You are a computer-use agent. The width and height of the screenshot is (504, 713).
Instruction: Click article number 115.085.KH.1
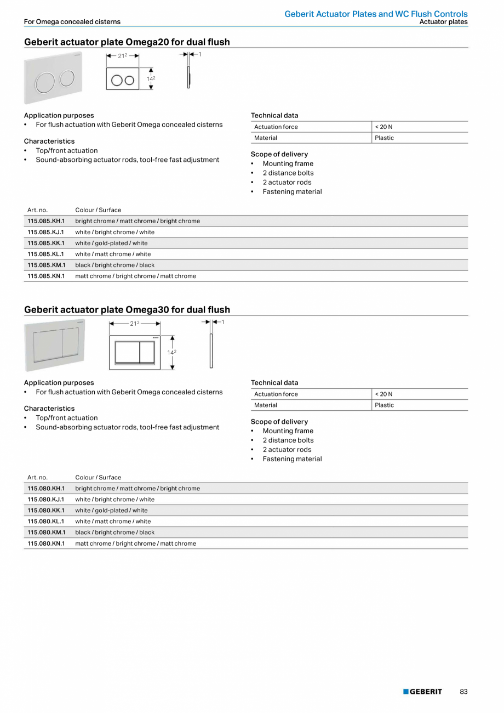tap(46, 221)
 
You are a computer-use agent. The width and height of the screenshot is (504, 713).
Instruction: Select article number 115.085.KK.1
tap(46, 243)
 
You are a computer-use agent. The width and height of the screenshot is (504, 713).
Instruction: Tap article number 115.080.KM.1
tap(47, 532)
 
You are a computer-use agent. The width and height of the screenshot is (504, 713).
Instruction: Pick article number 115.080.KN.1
tap(46, 544)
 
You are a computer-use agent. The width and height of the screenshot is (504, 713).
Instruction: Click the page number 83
tap(463, 692)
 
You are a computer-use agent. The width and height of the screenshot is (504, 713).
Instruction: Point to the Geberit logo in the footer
tap(422, 692)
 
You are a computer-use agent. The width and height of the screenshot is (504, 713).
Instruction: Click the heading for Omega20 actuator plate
tap(127, 42)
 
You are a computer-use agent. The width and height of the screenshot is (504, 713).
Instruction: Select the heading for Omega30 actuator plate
tap(127, 309)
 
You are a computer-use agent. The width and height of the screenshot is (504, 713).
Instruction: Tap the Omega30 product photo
tap(54, 345)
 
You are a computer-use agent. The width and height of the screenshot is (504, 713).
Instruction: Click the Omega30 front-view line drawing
tap(135, 352)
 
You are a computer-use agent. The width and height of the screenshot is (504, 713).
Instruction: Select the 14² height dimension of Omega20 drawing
tap(151, 78)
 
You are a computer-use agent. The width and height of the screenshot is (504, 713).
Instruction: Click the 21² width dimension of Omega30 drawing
tap(134, 324)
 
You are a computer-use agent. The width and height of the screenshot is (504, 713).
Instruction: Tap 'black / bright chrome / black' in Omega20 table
tap(115, 265)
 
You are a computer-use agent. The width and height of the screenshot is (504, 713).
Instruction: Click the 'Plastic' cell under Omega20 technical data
tap(385, 138)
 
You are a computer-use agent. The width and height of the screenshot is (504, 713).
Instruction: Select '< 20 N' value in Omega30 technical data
tap(383, 394)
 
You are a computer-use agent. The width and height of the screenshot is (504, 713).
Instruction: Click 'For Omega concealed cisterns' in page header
tap(72, 22)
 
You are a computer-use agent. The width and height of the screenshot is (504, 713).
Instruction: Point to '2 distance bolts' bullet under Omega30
tap(288, 440)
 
